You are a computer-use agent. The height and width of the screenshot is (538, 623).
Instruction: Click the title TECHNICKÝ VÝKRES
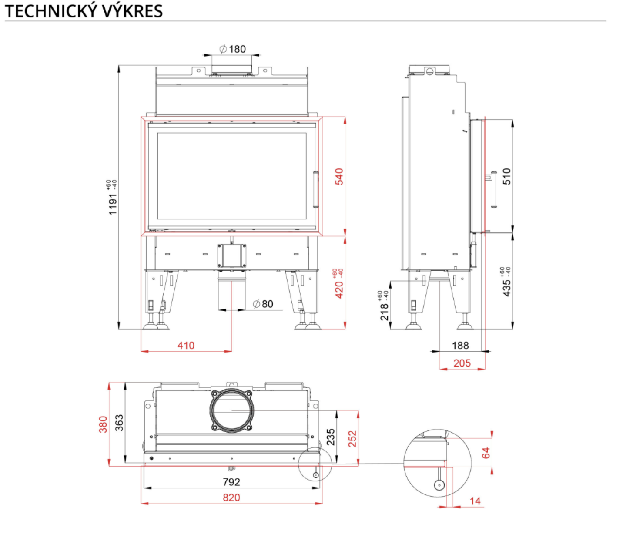[84, 11]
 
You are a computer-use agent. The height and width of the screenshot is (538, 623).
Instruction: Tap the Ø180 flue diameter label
[233, 49]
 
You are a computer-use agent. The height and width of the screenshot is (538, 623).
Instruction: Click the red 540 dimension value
[339, 176]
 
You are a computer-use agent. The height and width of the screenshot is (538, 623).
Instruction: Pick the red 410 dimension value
[186, 346]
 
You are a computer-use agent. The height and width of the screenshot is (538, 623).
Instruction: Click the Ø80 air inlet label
[263, 304]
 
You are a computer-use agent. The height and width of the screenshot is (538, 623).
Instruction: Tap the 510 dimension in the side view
[507, 176]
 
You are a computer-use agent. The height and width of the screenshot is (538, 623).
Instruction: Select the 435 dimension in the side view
[506, 288]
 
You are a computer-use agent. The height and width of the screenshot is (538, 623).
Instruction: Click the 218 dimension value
[385, 312]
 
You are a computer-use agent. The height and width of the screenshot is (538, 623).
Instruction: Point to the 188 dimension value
[460, 346]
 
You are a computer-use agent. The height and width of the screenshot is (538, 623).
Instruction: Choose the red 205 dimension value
[462, 363]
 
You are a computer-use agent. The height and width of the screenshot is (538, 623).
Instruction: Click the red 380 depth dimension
[103, 424]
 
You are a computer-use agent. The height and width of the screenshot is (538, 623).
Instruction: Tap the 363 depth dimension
[119, 423]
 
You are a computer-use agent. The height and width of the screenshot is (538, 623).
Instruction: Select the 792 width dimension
[231, 482]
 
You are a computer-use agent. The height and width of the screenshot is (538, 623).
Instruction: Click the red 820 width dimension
[231, 498]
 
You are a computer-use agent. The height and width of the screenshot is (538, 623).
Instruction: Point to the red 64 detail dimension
[486, 453]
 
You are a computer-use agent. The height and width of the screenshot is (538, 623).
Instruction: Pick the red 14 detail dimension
[475, 501]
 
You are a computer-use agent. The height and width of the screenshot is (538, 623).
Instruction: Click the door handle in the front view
[316, 190]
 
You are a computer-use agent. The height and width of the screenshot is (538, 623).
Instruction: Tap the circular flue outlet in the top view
[231, 410]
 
